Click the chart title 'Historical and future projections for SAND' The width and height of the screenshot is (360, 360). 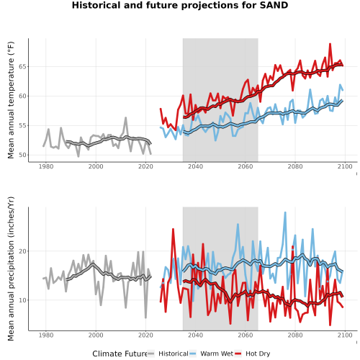[x=180, y=5]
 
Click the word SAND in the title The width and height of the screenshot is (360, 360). [x=274, y=5]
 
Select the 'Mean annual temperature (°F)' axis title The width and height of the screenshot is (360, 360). [x=11, y=100]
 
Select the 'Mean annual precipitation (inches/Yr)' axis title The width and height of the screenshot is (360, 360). [x=11, y=269]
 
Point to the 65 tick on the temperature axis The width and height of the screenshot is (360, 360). [x=22, y=66]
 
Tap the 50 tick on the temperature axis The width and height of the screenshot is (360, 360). [x=22, y=155]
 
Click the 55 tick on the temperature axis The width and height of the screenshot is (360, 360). [x=22, y=125]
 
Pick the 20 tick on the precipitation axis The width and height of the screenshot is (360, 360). [x=22, y=251]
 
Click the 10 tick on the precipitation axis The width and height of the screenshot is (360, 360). [x=22, y=300]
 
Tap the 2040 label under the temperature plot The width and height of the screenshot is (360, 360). [x=195, y=166]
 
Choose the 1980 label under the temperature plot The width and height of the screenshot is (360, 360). [x=46, y=166]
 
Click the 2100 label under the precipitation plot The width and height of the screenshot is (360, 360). [x=345, y=335]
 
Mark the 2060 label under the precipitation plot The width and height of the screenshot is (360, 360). [x=246, y=335]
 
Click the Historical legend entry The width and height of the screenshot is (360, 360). [x=168, y=354]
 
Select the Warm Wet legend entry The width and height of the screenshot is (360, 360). [x=211, y=354]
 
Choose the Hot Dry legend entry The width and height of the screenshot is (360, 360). [x=252, y=354]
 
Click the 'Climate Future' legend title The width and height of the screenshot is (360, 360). [x=120, y=354]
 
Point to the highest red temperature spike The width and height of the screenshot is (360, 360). [x=330, y=44]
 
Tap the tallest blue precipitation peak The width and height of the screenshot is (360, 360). [x=285, y=212]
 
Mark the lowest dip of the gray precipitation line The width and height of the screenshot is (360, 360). [x=145, y=318]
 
